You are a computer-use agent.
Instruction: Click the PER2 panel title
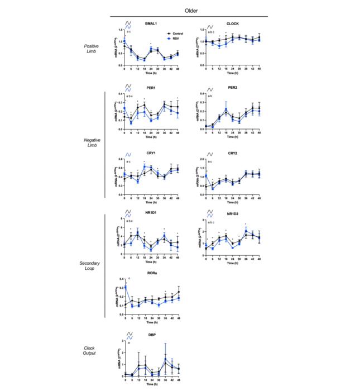pyautogui.click(x=233, y=88)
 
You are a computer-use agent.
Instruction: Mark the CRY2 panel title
pyautogui.click(x=233, y=153)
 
